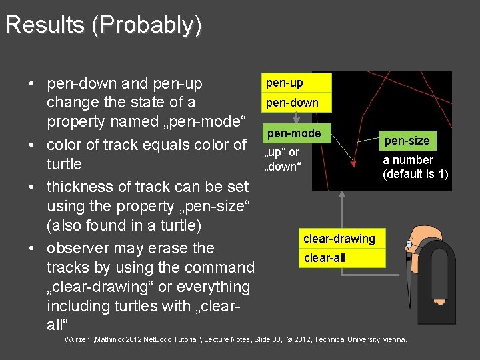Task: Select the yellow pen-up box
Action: [x=297, y=83]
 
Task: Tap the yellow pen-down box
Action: [x=297, y=103]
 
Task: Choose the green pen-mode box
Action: [x=294, y=133]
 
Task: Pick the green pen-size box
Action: [x=407, y=141]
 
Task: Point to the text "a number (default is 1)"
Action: [x=415, y=167]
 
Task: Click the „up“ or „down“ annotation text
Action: [x=283, y=159]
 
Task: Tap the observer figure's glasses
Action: [x=409, y=245]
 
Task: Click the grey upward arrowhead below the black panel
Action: [x=341, y=195]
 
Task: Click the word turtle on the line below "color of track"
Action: [x=64, y=164]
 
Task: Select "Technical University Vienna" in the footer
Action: [x=361, y=339]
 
